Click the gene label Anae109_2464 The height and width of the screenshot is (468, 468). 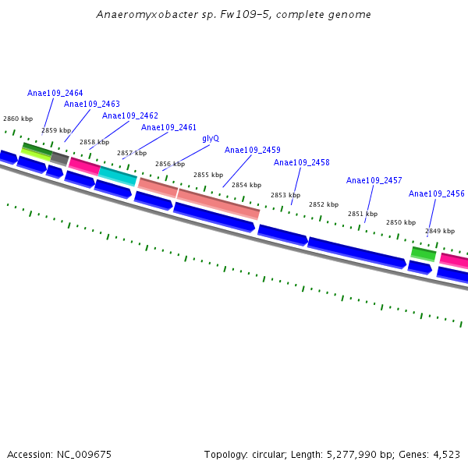pos(55,93)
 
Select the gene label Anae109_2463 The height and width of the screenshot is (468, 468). pos(92,104)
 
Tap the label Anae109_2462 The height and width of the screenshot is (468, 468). pos(130,116)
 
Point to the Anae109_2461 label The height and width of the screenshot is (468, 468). pos(168,127)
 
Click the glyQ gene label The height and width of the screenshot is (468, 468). pos(211,138)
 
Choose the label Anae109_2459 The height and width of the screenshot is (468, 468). pos(253,150)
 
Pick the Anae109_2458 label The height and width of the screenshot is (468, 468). pos(302,162)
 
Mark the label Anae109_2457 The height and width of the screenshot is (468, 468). pos(374,180)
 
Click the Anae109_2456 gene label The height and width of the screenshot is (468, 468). pos(437,193)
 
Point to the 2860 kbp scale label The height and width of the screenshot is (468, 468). pos(18,119)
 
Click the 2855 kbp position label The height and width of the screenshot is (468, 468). pos(208,175)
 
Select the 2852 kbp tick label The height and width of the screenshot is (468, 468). pos(324,204)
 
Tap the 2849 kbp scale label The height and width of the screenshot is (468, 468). pos(440,231)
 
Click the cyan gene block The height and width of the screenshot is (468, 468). pos(118,176)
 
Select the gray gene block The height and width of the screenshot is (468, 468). pos(60,159)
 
